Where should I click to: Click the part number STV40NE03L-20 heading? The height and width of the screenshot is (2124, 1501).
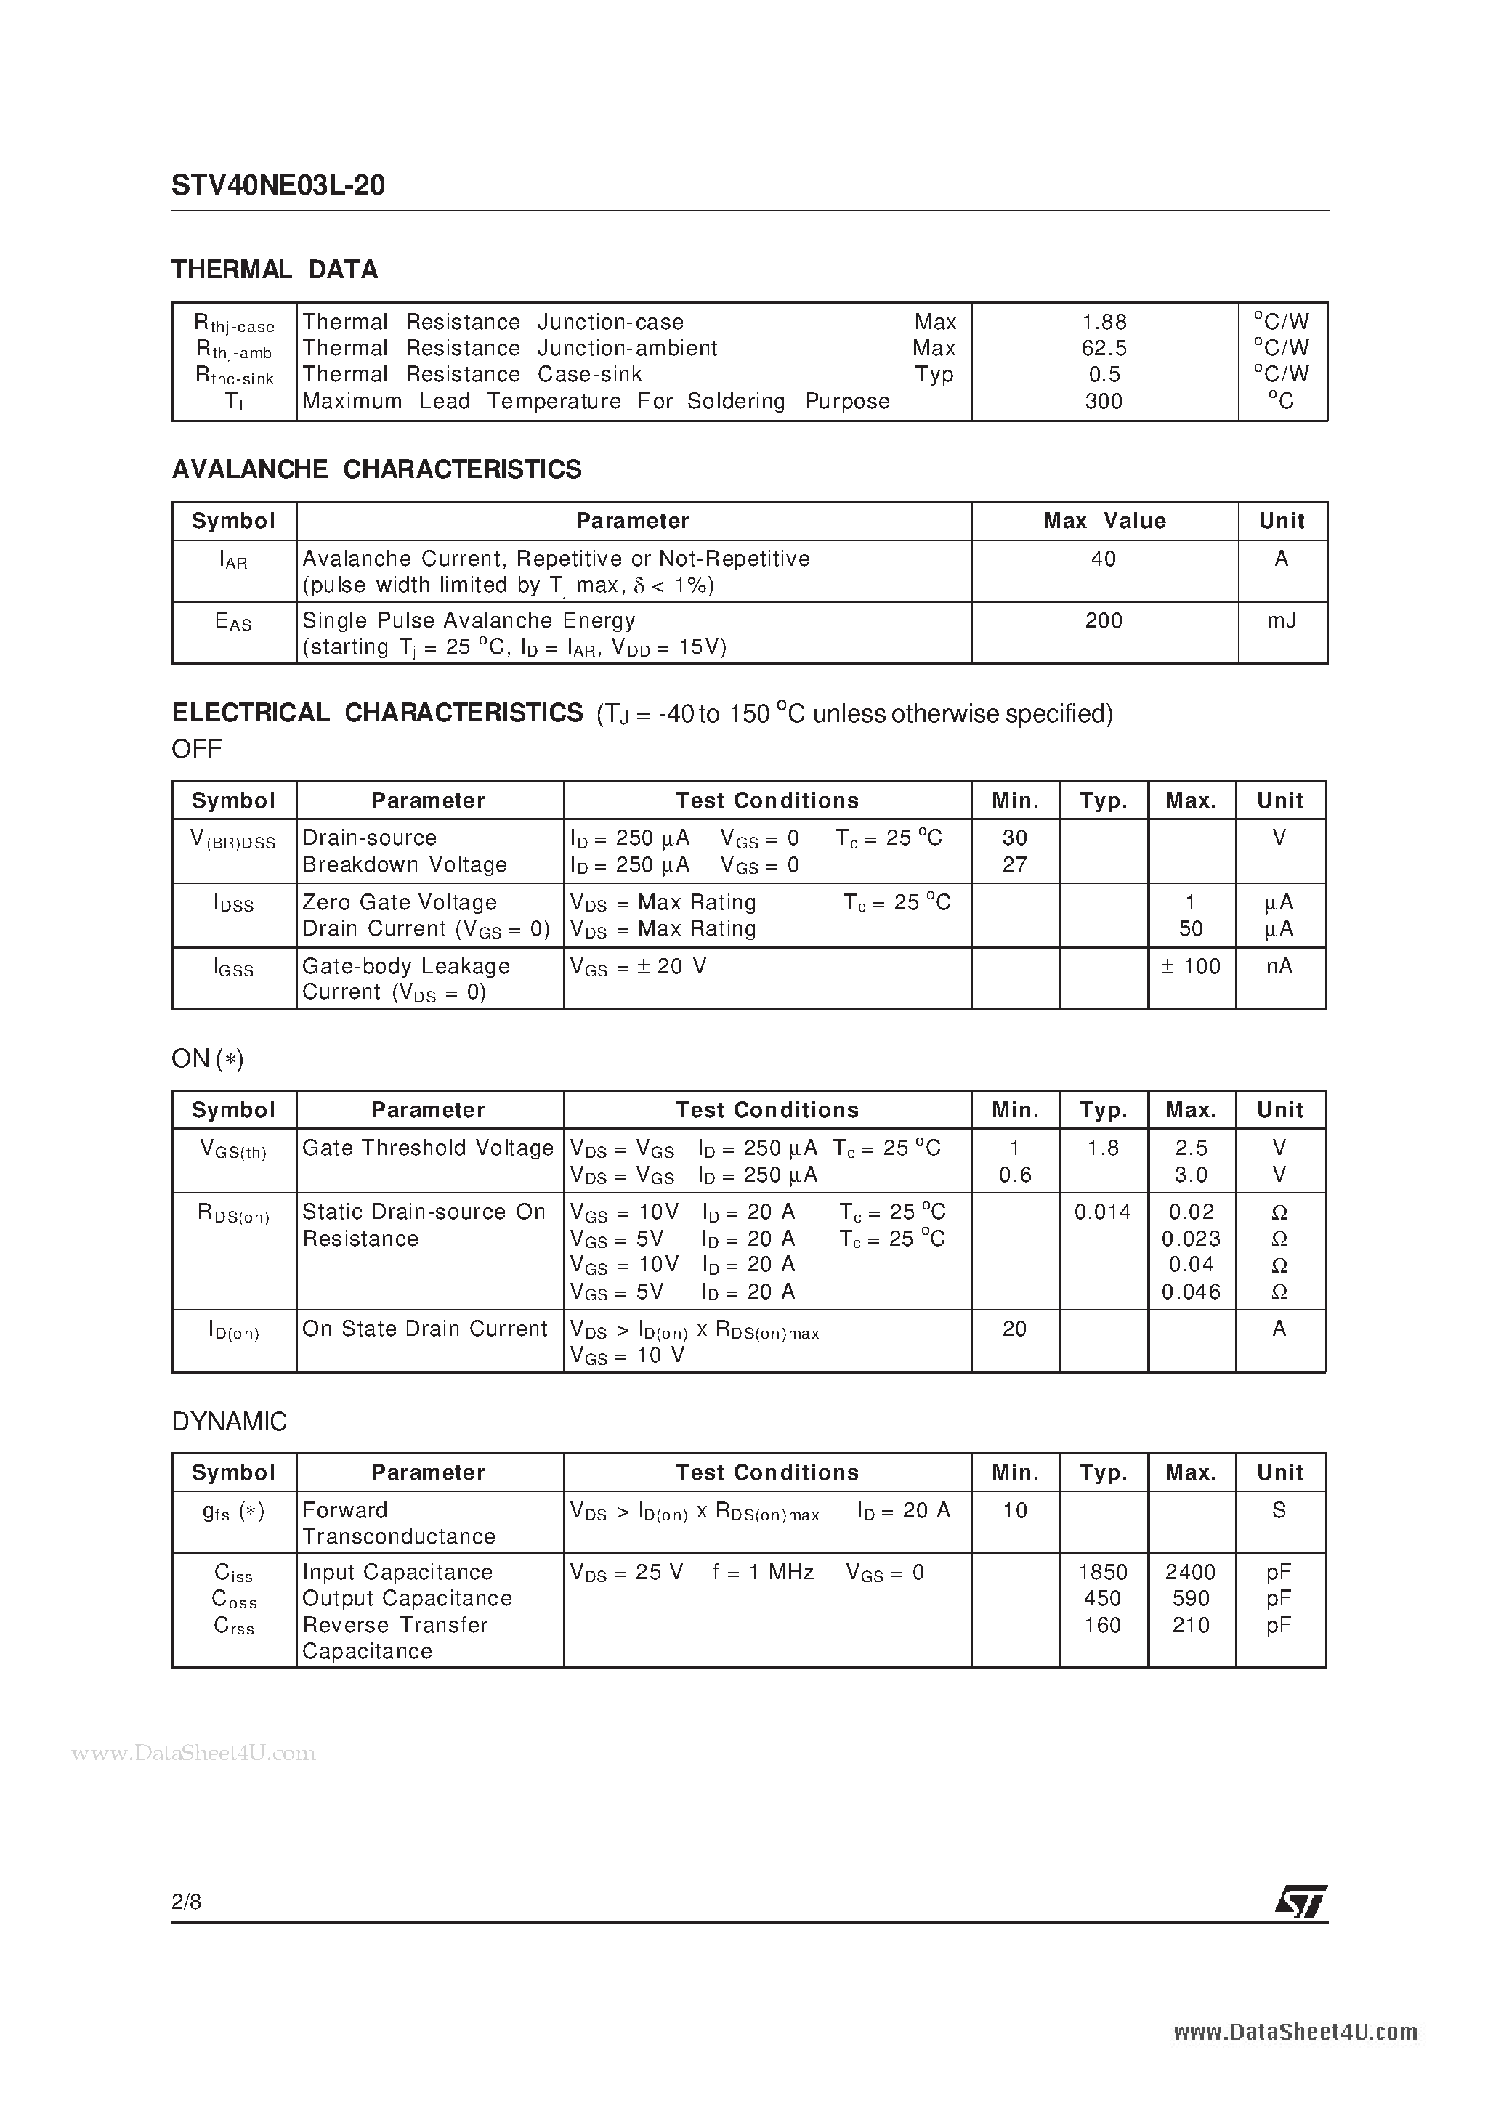point(278,186)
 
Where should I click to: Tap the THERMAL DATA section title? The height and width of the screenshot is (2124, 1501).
point(275,270)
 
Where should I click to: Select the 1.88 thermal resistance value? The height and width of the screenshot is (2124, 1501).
point(1104,322)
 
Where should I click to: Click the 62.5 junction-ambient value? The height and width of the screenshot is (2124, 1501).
point(1104,348)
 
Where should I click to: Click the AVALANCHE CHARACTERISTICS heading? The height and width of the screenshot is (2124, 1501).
point(376,470)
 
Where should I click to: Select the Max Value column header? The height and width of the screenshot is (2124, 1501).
point(1104,521)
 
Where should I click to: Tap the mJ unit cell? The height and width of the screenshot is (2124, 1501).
point(1281,621)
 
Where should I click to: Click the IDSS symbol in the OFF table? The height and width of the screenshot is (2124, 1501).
point(233,904)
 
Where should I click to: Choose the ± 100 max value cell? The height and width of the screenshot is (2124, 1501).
point(1190,967)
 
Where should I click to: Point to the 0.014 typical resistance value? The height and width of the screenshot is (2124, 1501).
point(1102,1212)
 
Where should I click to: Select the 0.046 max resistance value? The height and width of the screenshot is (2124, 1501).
point(1190,1292)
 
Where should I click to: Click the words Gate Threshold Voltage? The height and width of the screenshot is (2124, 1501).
point(427,1148)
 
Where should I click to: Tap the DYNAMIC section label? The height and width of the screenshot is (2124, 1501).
point(230,1422)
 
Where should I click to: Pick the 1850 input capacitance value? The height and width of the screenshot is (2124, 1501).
point(1102,1573)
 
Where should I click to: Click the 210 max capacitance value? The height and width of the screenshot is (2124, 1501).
point(1190,1626)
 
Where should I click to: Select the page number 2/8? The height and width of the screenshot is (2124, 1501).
point(187,1902)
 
